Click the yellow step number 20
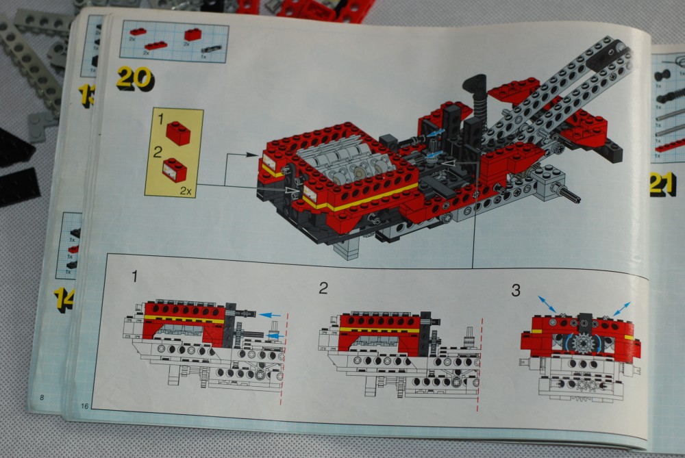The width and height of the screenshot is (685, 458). click(134, 77)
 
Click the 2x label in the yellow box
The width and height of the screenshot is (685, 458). click(184, 191)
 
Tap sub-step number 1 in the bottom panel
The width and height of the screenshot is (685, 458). click(135, 277)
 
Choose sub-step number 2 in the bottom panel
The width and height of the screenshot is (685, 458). click(322, 288)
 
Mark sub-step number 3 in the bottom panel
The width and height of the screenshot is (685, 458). click(515, 290)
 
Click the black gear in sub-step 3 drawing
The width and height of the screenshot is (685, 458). click(584, 342)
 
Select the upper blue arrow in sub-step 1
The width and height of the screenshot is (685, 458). click(271, 314)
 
